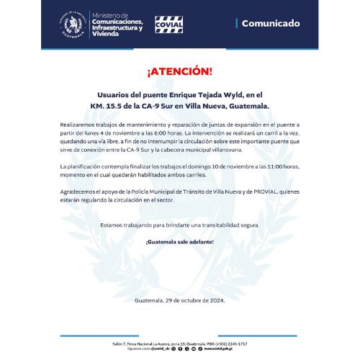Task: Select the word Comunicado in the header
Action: [270, 24]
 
